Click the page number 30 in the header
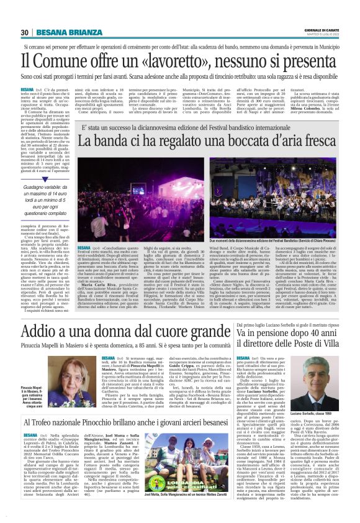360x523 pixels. (25, 32)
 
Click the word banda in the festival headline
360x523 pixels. (118, 142)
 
